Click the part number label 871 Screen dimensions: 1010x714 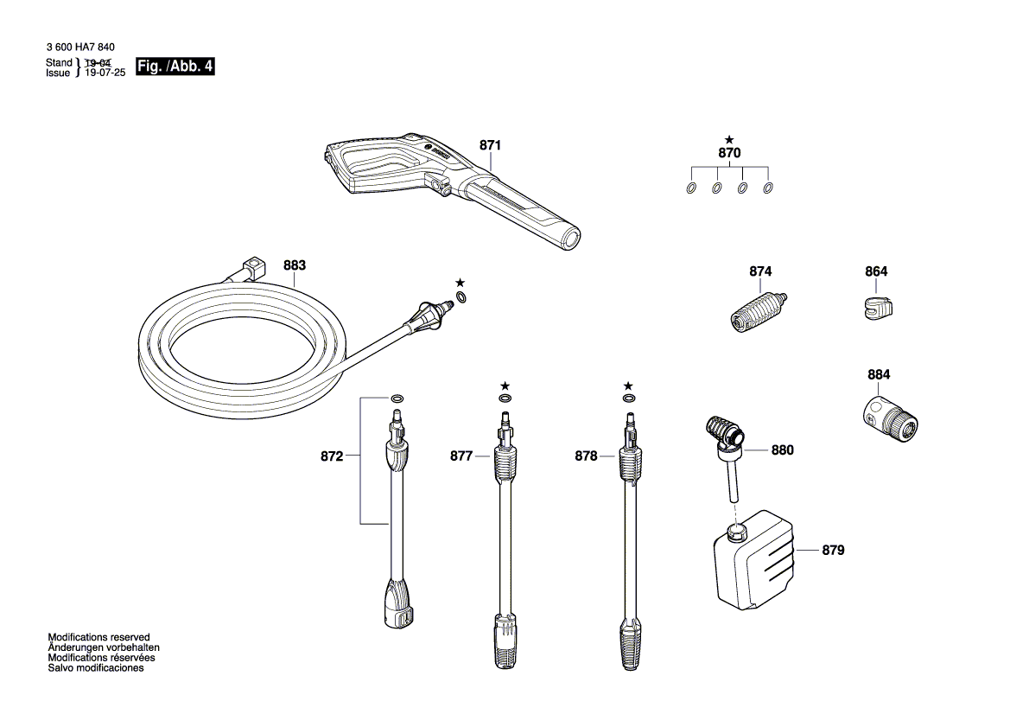[490, 145]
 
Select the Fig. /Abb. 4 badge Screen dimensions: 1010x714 [175, 67]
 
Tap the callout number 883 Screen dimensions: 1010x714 [295, 265]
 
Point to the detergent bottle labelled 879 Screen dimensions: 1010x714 [754, 559]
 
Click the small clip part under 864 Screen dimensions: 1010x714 [877, 308]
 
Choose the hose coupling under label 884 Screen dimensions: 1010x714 [890, 417]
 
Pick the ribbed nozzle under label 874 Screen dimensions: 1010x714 [759, 311]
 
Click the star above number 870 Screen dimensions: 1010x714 [728, 139]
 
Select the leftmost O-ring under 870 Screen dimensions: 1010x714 [691, 188]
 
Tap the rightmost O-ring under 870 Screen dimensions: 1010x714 [768, 188]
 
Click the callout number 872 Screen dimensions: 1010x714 [332, 456]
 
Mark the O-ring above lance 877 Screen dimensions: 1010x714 [505, 398]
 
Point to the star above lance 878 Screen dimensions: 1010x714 [628, 386]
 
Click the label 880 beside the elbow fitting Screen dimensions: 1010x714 [782, 449]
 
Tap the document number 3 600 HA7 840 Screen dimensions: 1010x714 [80, 47]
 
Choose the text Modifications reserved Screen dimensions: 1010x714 [98, 637]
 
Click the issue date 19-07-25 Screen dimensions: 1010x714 [105, 73]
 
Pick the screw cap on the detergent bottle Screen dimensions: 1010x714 [736, 532]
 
